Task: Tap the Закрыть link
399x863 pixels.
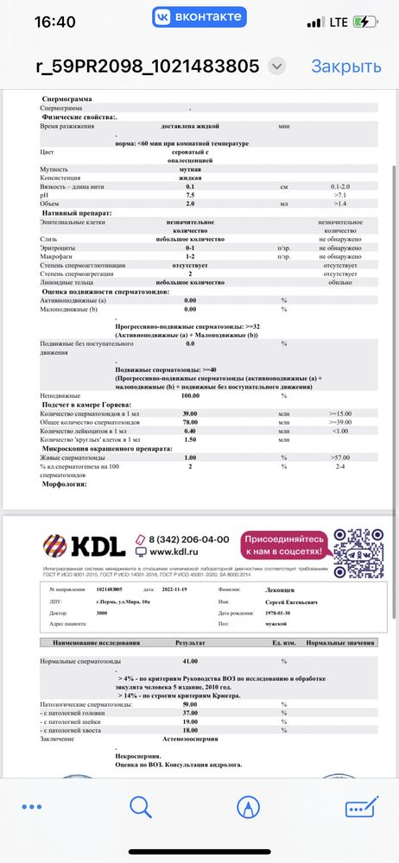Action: [345, 66]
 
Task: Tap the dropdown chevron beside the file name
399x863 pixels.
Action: [277, 66]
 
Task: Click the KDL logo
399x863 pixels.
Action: [83, 545]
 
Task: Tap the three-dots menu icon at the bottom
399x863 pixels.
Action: [32, 808]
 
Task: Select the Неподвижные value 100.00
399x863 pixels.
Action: [189, 395]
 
